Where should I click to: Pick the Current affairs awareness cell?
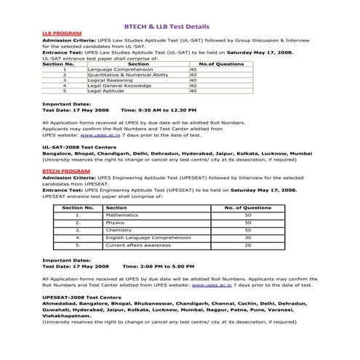135,245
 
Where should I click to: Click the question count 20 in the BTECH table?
247,245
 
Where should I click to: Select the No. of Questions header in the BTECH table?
247,207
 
